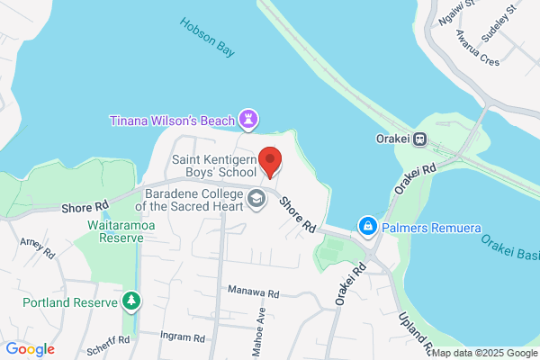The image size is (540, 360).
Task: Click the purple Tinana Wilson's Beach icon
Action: tap(249, 120)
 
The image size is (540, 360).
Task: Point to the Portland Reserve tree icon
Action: tap(132, 300)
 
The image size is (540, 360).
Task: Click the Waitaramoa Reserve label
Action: tap(114, 230)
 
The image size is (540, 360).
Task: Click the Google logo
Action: tap(30, 348)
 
